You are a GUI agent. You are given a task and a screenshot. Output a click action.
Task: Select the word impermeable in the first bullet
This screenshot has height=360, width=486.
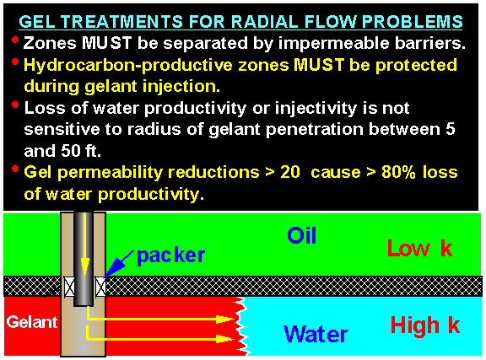pos(333,43)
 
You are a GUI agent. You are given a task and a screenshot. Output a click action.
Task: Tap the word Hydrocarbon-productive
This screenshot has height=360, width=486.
pos(128,66)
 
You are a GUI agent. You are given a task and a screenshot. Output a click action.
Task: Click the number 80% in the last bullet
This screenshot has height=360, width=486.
pos(398,172)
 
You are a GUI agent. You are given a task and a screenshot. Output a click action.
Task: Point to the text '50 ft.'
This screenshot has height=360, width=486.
pos(81,151)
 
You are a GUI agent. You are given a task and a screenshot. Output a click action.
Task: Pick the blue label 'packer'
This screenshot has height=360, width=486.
pos(170,256)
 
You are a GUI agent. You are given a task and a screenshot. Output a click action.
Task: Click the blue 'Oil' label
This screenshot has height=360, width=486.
pos(301,235)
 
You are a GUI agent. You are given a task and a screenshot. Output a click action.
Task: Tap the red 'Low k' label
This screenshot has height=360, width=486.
pos(420,248)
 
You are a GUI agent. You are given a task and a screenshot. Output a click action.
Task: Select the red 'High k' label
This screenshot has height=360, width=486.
pos(425,325)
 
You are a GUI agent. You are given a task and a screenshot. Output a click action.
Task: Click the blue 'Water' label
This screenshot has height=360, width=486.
pos(316,334)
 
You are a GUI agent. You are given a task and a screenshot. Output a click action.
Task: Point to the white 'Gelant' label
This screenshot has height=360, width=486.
pos(32,322)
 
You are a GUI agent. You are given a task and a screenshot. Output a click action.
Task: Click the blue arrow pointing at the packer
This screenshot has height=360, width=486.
pos(118,264)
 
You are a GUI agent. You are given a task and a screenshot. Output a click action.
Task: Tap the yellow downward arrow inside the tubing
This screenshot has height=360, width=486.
pos(84,244)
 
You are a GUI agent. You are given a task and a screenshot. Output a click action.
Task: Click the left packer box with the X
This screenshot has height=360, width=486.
pos(69,287)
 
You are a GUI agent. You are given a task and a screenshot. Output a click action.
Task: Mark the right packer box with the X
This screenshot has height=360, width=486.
pos(100,287)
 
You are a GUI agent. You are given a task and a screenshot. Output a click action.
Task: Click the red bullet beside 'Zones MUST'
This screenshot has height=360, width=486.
pos(15,40)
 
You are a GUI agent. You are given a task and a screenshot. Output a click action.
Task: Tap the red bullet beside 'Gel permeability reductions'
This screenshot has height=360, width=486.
pos(15,169)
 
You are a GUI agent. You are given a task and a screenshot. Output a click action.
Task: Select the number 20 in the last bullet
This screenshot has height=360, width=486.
pos(289,172)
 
